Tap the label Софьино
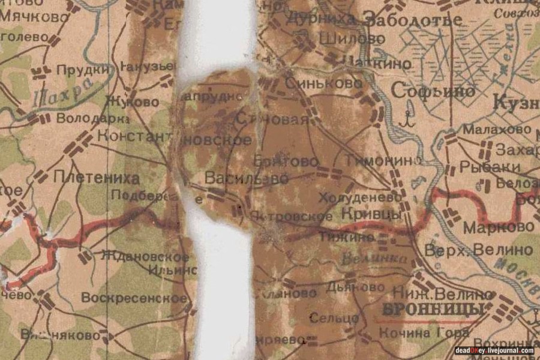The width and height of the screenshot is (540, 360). point(433,91)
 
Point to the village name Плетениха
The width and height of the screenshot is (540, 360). point(97,178)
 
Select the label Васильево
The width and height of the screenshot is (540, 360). point(247,178)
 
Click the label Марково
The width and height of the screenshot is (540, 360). point(498,227)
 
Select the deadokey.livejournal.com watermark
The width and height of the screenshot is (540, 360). point(494,350)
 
